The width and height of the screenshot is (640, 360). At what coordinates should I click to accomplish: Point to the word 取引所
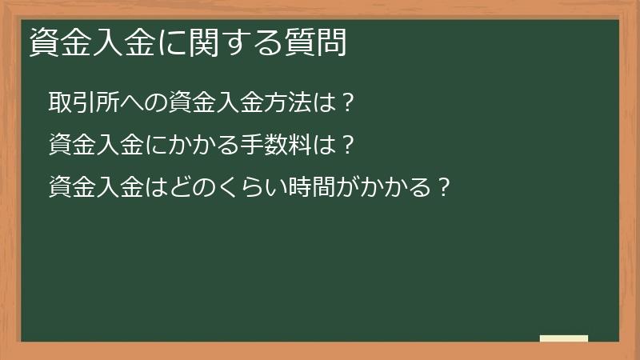tap(84, 105)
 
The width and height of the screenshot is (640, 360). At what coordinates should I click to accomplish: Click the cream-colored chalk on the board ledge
tap(564, 338)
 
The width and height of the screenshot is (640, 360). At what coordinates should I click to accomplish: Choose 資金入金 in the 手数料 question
tap(96, 146)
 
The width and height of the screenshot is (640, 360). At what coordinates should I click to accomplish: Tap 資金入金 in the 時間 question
tap(96, 188)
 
